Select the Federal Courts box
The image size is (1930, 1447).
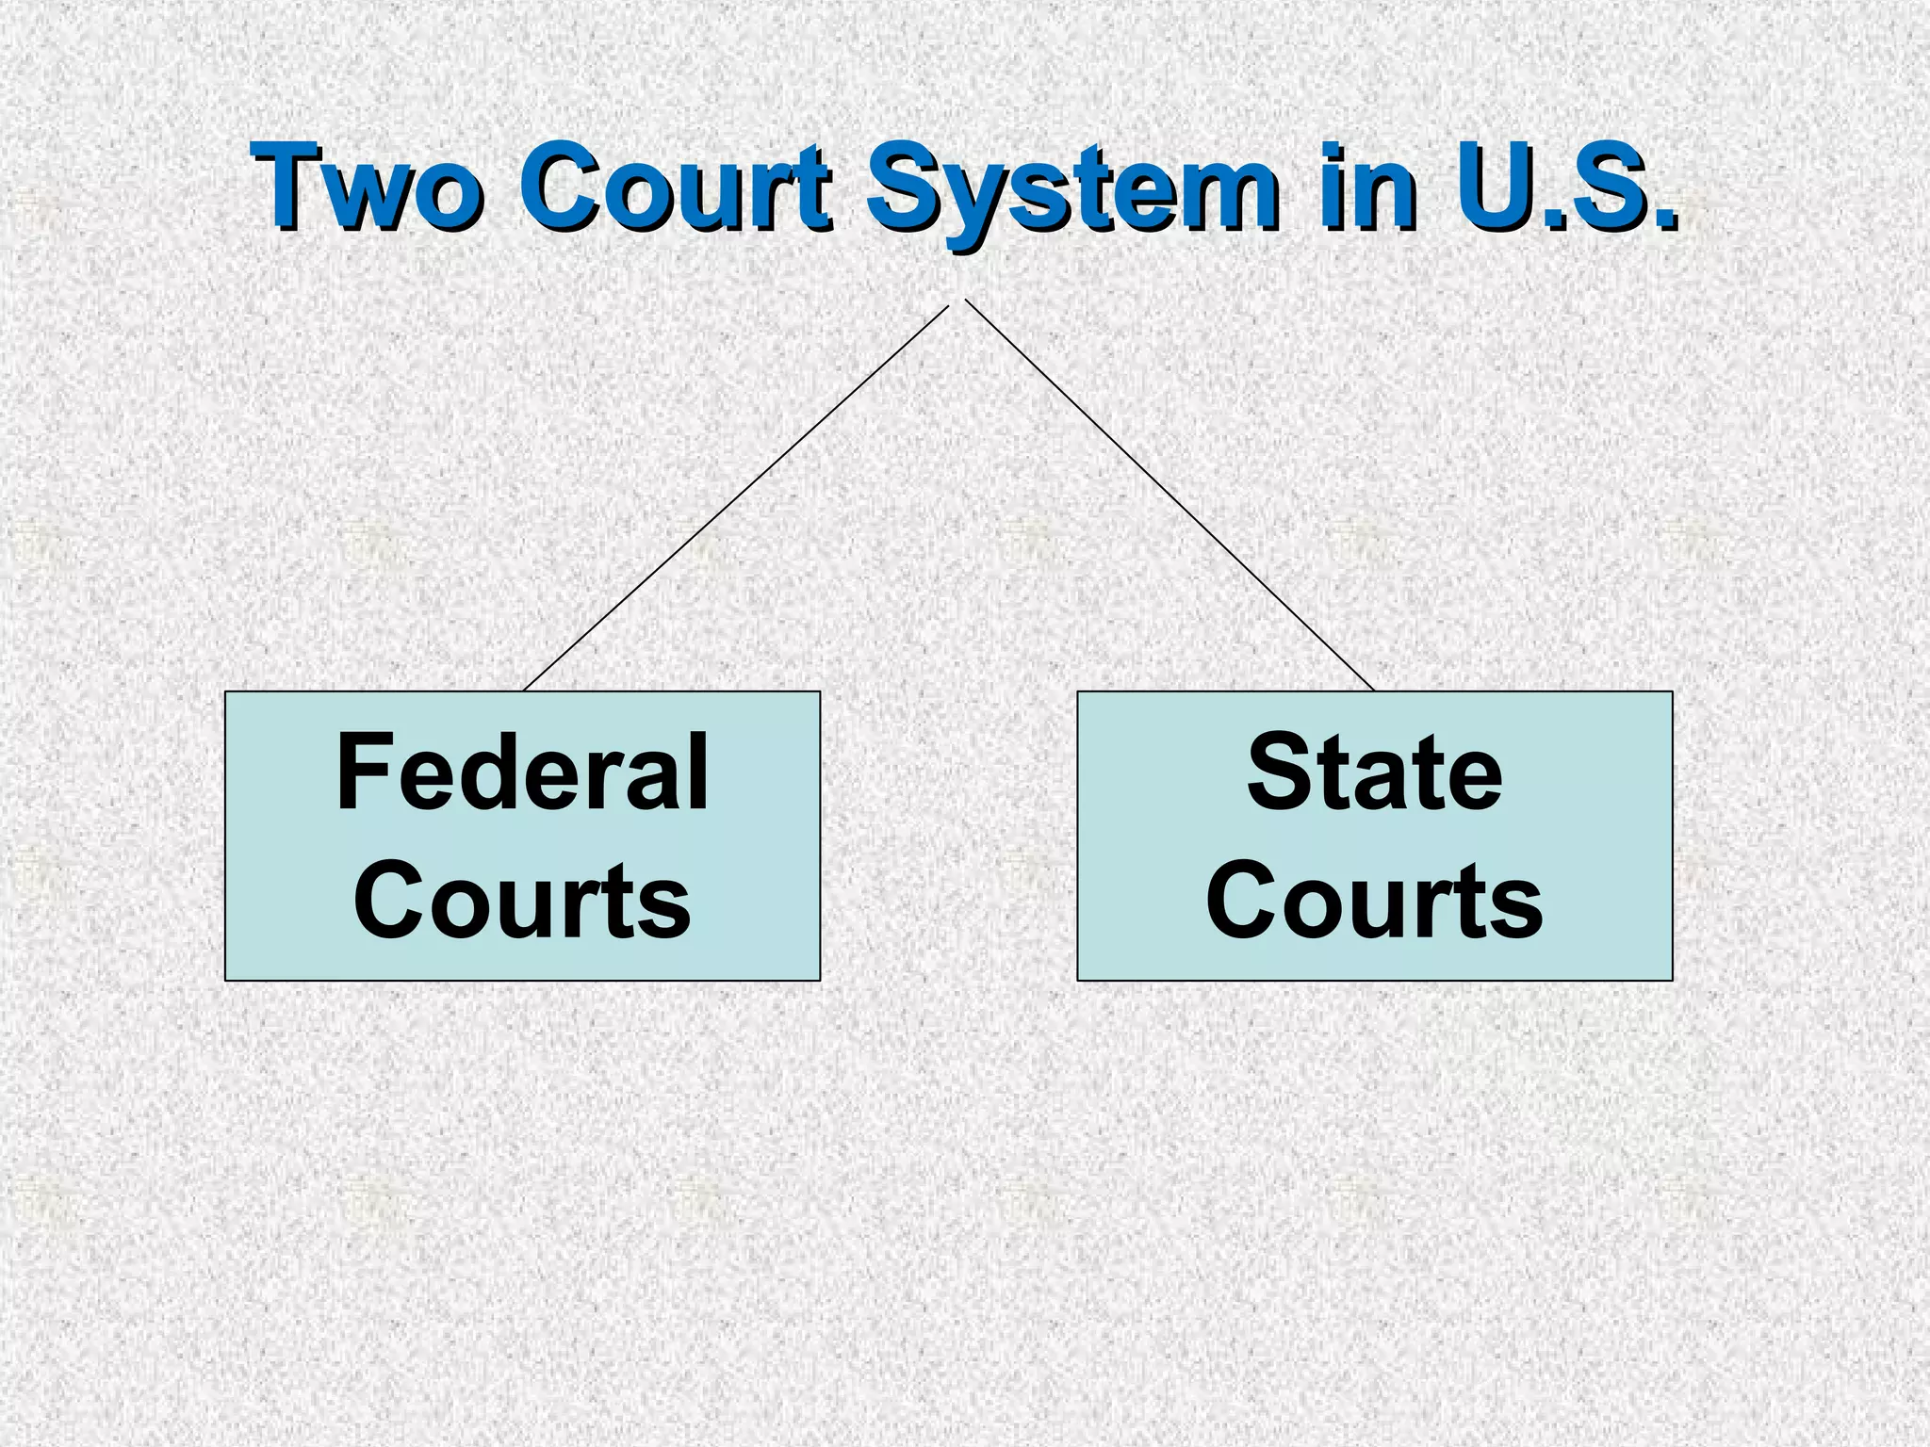coord(522,836)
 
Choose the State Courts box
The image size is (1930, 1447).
coord(1374,836)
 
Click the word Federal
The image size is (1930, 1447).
coord(522,773)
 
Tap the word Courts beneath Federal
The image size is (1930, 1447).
coord(522,900)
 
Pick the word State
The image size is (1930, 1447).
coord(1374,773)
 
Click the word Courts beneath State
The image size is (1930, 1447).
coord(1374,900)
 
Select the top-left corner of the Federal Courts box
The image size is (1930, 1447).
coord(226,692)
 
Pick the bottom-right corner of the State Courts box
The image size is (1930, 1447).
coord(1672,980)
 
